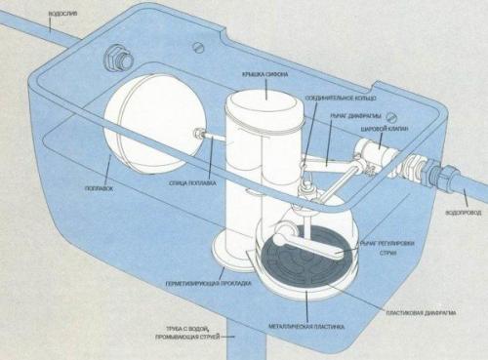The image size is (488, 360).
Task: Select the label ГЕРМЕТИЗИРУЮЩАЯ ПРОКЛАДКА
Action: click(x=209, y=282)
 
